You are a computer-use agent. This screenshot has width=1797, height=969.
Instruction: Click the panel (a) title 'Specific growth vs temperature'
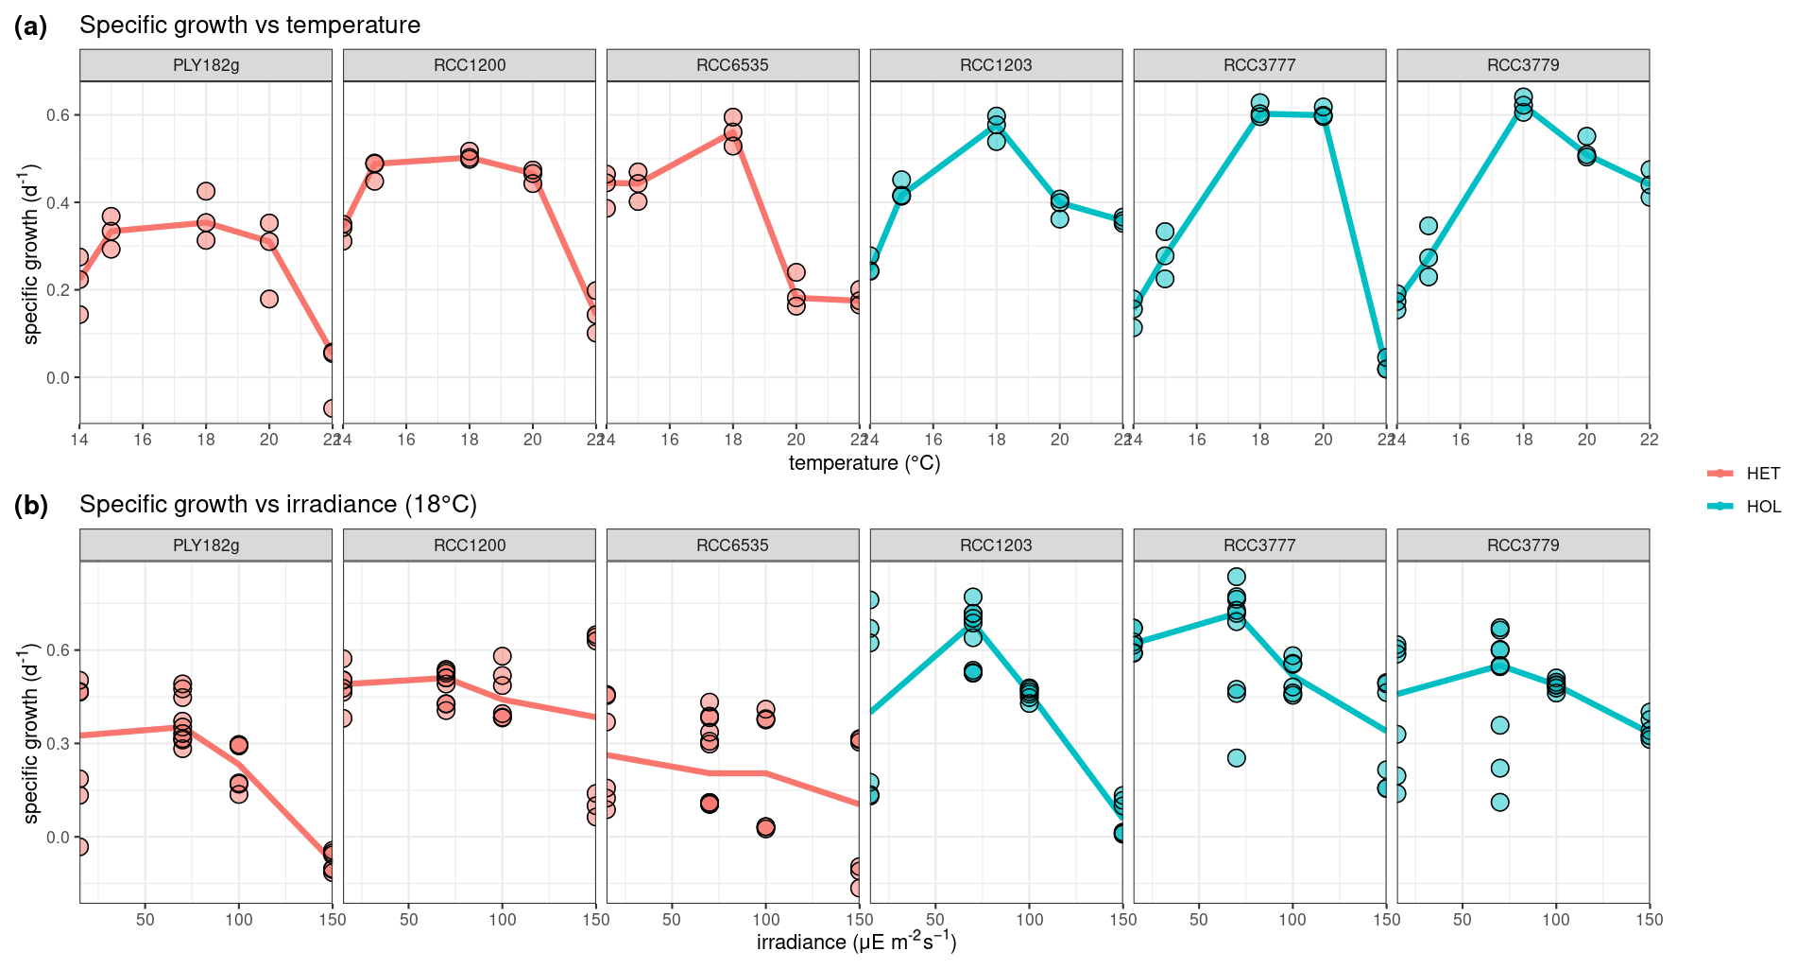[249, 26]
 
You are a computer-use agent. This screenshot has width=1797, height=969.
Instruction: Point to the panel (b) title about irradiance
[278, 505]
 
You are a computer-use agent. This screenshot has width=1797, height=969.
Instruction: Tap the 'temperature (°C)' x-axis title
[864, 463]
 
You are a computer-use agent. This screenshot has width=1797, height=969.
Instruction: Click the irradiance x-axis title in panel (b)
[856, 943]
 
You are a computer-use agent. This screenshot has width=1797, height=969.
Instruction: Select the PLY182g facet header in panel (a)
[206, 65]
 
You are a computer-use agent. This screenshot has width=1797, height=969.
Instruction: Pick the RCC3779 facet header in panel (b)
[1523, 545]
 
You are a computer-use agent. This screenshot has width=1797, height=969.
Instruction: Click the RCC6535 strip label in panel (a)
[732, 65]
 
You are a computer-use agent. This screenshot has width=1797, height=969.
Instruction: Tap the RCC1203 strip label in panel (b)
[996, 545]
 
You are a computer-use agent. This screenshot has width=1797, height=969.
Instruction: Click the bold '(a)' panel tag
[30, 26]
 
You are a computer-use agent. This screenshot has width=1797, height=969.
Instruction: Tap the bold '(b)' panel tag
[30, 506]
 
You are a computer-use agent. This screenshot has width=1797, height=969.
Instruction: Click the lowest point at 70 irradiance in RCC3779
[1499, 803]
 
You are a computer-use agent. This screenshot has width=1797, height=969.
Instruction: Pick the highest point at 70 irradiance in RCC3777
[1236, 577]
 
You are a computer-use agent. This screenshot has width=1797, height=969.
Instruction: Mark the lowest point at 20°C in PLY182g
[269, 299]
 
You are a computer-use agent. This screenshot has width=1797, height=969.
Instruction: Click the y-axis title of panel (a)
[31, 253]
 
